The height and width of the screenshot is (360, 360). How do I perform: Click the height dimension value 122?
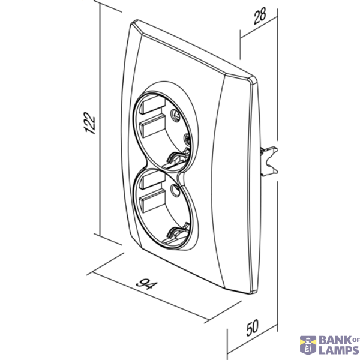click(89, 123)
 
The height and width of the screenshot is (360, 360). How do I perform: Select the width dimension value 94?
click(147, 284)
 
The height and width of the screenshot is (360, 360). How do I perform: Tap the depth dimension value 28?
click(260, 16)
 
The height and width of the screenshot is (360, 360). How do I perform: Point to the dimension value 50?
click(253, 328)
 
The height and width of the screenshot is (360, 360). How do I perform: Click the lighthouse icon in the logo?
click(308, 346)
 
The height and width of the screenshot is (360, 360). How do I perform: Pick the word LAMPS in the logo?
click(339, 350)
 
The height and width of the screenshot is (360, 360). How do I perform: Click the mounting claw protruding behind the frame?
click(269, 161)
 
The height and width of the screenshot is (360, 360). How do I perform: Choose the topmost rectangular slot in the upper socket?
click(152, 104)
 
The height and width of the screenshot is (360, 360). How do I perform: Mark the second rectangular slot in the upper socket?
click(152, 126)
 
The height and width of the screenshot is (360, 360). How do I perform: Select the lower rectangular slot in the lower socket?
click(152, 201)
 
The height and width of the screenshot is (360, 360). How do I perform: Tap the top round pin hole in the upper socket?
click(175, 114)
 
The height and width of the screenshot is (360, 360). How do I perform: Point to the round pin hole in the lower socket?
click(176, 191)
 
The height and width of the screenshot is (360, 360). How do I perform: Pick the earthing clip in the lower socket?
click(177, 233)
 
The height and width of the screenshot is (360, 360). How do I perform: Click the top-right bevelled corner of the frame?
click(252, 80)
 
